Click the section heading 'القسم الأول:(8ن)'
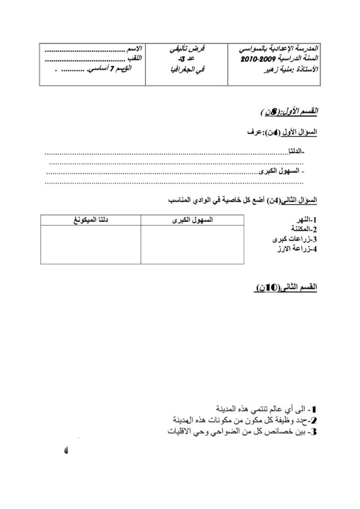(x=289, y=110)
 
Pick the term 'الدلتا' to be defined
(x=295, y=151)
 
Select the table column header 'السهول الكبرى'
(x=192, y=219)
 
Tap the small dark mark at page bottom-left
(x=66, y=450)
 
